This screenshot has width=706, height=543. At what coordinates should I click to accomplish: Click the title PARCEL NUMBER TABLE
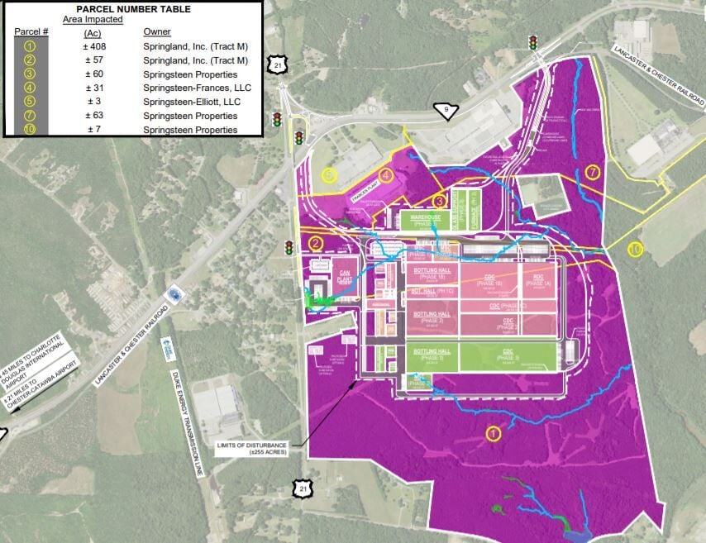tap(132, 9)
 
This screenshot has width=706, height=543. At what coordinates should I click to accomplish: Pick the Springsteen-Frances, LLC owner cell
tap(197, 88)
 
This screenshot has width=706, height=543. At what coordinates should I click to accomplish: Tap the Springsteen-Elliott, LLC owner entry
tap(192, 102)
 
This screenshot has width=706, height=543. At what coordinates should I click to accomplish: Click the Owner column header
tap(157, 31)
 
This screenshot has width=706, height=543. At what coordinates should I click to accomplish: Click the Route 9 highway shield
tap(446, 111)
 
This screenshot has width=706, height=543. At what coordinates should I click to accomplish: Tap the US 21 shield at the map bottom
tap(303, 489)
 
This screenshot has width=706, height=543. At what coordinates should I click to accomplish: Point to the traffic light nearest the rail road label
tap(533, 41)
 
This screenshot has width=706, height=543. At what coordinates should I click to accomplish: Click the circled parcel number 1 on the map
tap(494, 433)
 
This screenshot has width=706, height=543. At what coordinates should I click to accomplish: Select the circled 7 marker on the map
tap(592, 172)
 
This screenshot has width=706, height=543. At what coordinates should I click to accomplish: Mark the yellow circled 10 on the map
tap(635, 249)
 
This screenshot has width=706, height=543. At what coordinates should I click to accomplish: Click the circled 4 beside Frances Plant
tap(386, 175)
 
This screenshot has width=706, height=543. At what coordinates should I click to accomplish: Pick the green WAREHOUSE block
tap(424, 220)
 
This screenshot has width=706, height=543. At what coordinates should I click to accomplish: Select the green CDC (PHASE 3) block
tap(505, 358)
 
